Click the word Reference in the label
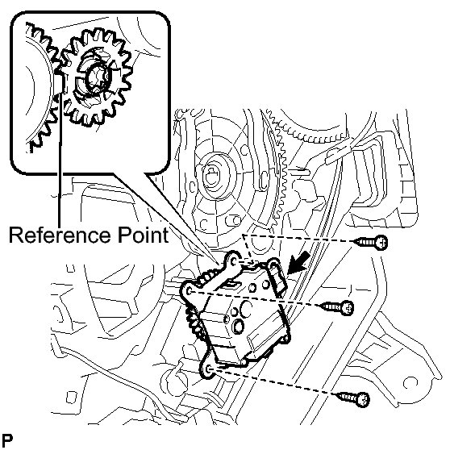[x=60, y=235]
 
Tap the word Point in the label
[x=144, y=235]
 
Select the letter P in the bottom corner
[x=7, y=440]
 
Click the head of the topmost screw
[x=381, y=242]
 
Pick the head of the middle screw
[x=348, y=308]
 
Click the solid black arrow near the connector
[x=298, y=263]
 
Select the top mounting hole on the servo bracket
[x=234, y=261]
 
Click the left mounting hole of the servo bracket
[x=190, y=292]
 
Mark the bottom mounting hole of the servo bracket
[x=209, y=369]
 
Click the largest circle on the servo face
[x=246, y=308]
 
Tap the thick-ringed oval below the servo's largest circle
[x=239, y=327]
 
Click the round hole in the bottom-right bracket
[x=410, y=383]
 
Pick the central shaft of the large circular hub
[x=213, y=177]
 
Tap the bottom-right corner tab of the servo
[x=285, y=340]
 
